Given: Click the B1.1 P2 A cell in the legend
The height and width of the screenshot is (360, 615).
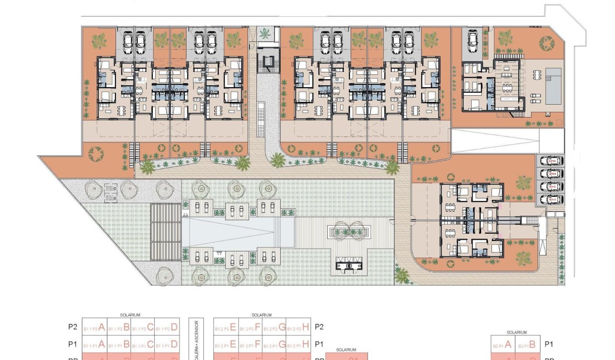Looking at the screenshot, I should (94, 327).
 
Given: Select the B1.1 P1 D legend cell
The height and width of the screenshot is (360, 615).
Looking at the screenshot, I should (167, 345).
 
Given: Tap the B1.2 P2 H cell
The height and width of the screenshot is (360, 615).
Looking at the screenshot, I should (299, 327).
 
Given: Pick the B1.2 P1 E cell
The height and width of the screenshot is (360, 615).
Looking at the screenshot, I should (226, 345).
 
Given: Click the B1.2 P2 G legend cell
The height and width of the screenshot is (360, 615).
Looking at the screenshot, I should (274, 327).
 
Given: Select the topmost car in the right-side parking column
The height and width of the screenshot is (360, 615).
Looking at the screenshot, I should (552, 161).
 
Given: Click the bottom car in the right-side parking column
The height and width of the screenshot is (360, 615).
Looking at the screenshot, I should (552, 199).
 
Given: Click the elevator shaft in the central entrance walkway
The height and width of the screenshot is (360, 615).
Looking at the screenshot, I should (268, 62).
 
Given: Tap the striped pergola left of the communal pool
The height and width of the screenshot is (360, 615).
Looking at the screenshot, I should (166, 233).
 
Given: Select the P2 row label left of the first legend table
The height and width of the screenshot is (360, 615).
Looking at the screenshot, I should (72, 327).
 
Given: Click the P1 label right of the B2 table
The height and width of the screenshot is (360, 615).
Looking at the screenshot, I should (549, 344).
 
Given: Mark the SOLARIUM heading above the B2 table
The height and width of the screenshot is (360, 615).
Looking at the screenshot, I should (516, 333).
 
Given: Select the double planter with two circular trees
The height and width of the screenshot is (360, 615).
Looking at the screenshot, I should (350, 231).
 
